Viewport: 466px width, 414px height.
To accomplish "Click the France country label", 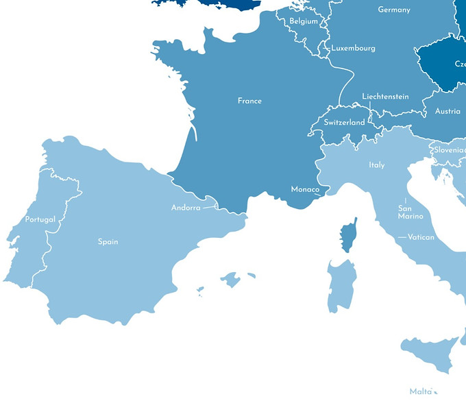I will coord(249,101).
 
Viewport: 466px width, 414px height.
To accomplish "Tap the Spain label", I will coord(108,241).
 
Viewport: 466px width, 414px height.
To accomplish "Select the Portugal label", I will coord(40,219).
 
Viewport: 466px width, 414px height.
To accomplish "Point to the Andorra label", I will coord(186,208).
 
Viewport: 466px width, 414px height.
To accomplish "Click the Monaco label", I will coord(305,189).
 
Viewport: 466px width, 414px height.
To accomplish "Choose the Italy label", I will coord(377,165).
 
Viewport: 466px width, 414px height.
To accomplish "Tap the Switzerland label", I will coord(344,123).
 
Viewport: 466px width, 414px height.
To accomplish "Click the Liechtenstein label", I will coord(385,97).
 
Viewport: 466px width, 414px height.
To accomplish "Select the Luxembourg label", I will coord(354,49).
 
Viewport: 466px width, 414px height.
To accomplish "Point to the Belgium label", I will coord(304,21).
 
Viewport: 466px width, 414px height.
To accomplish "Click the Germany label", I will coord(394,10).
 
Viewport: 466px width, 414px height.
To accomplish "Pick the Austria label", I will coord(447,111).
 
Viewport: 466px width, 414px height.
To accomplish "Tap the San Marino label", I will coord(410,212).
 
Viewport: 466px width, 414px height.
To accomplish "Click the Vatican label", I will coord(421,237).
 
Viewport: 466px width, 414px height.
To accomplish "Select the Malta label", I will coord(421,391).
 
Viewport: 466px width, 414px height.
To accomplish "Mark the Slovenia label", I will coord(450,149).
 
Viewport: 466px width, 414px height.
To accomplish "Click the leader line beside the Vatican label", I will coord(402,237).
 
